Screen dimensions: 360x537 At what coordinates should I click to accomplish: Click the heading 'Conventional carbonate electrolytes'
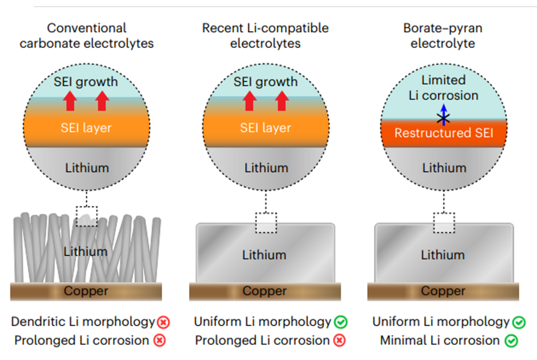[x=87, y=36]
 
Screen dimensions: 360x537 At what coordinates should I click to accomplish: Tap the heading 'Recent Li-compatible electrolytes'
[x=265, y=36]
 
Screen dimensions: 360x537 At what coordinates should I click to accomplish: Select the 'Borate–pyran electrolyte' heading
[x=443, y=36]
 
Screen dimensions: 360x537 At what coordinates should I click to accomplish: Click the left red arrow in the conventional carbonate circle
[x=70, y=101]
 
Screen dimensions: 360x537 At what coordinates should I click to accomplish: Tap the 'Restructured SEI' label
[x=443, y=133]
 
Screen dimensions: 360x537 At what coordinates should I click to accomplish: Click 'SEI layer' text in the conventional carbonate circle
[x=86, y=127]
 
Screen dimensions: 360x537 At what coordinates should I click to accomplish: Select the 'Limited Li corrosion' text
[x=443, y=88]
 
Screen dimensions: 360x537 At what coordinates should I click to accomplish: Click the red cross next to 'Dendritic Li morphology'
[x=163, y=322]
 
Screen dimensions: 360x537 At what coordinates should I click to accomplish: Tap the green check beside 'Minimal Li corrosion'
[x=511, y=341]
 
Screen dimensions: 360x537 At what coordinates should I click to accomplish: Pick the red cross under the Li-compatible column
[x=339, y=341]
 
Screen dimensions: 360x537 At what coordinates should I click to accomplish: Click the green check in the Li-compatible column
[x=341, y=322]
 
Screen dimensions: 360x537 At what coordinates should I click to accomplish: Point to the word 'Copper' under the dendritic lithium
[x=86, y=291]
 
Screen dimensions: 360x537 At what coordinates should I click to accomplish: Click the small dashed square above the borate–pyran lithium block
[x=444, y=223]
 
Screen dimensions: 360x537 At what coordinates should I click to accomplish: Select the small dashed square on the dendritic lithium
[x=87, y=216]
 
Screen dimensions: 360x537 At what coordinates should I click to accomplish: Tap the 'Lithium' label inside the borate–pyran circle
[x=444, y=168]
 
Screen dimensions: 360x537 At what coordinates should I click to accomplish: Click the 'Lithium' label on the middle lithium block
[x=265, y=255]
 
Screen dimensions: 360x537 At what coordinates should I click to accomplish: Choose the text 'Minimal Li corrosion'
[x=440, y=341]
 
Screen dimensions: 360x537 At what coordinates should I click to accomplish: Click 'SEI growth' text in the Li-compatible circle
[x=265, y=82]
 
